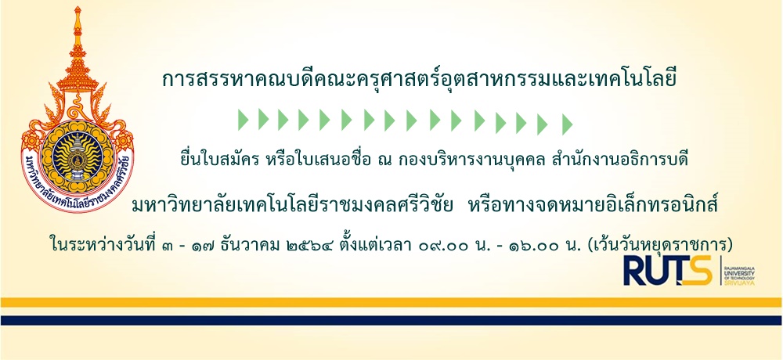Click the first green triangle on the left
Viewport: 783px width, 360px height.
(243, 120)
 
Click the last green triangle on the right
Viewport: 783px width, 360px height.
(567, 124)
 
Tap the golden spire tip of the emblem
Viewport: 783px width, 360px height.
(78, 9)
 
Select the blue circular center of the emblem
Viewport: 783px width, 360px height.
(78, 158)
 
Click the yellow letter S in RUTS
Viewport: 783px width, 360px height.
(698, 271)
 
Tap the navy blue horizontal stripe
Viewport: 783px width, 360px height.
(391, 321)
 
